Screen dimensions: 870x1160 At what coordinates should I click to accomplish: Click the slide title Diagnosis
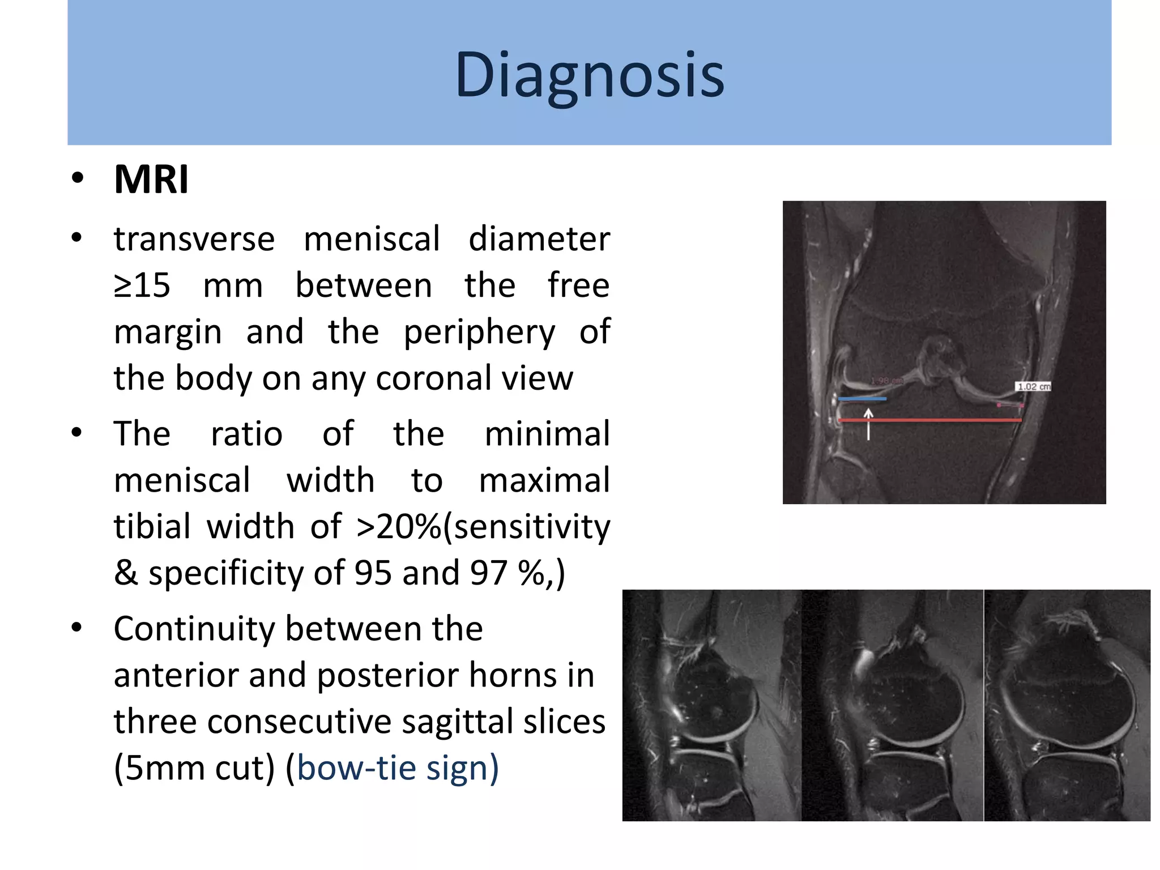click(x=589, y=75)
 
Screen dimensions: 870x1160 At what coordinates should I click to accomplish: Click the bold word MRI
click(x=151, y=180)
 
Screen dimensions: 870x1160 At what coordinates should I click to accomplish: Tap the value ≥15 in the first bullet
click(x=142, y=285)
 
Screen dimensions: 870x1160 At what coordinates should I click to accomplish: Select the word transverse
click(x=194, y=238)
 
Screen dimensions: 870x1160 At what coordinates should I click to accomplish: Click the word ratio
click(x=246, y=434)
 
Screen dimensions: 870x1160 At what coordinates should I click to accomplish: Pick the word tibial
click(x=152, y=527)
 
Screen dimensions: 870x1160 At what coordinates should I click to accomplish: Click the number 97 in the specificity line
click(x=488, y=573)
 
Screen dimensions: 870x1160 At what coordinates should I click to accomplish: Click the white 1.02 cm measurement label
click(x=1033, y=386)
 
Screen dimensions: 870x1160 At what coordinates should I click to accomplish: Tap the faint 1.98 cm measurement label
click(x=886, y=381)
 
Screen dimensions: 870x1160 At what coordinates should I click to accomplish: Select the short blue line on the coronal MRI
click(x=862, y=399)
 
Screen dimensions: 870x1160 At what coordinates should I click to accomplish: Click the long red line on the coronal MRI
click(x=929, y=420)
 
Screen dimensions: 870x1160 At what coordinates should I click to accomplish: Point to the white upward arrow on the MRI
click(x=868, y=424)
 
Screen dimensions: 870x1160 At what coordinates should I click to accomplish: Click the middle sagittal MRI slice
click(x=893, y=705)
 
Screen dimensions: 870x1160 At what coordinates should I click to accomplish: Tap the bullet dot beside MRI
click(x=78, y=179)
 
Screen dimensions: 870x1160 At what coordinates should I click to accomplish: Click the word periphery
click(x=479, y=332)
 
